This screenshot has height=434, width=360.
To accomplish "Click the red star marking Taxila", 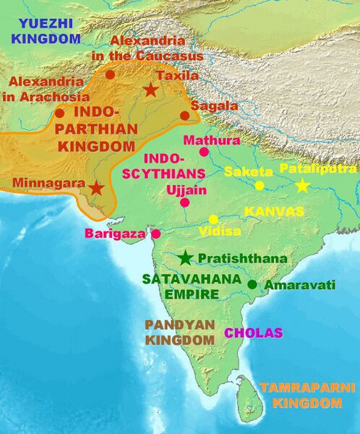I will (x=150, y=90).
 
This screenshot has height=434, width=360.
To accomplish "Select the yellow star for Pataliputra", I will (x=302, y=186).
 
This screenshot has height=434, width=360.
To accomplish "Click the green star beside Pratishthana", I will (x=187, y=258).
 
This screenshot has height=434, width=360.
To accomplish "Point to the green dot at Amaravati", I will (x=252, y=285).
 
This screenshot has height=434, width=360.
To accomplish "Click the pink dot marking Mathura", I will (x=204, y=152).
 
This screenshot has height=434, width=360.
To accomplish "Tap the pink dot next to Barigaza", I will (x=155, y=234).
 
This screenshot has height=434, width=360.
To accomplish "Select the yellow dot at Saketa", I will (x=260, y=185).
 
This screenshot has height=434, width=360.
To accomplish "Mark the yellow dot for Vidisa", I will (x=213, y=218).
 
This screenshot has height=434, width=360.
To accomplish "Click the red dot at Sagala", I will (x=184, y=115).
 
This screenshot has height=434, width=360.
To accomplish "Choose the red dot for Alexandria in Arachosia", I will (x=59, y=113).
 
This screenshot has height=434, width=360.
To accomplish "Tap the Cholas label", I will (x=253, y=333).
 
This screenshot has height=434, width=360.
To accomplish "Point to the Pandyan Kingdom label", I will (x=180, y=332).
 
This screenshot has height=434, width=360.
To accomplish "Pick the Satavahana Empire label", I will (x=181, y=285).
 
